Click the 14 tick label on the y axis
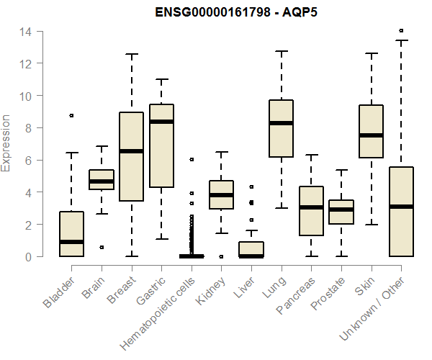tap(25, 32)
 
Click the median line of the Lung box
tap(281, 123)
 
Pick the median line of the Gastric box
tap(161, 122)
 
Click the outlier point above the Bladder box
tap(71, 115)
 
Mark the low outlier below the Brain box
tap(102, 247)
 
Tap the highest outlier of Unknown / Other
tap(401, 31)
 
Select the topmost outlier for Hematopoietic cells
tap(192, 159)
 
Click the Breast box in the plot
tap(131, 176)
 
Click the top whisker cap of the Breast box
tap(131, 54)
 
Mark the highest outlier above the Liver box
tap(251, 186)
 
